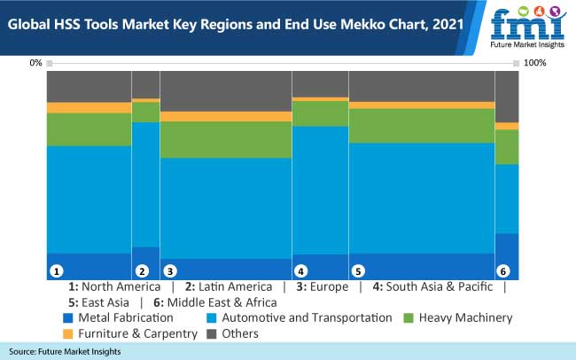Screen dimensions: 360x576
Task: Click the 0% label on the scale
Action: click(35, 63)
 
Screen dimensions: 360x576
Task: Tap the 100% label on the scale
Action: click(536, 63)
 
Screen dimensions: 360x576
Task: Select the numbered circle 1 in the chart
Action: click(56, 270)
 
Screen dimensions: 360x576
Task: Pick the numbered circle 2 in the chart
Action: click(141, 270)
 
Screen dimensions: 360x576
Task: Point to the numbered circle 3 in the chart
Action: click(170, 270)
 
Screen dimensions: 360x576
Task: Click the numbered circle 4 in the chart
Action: click(301, 270)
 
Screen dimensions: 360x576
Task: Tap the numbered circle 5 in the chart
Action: click(358, 270)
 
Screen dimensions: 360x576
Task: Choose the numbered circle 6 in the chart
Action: click(503, 270)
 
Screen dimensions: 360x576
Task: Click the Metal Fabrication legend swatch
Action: click(68, 317)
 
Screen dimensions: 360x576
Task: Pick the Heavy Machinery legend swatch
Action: click(409, 317)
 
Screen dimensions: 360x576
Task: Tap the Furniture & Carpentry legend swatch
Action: click(68, 334)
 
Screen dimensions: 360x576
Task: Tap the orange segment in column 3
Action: click(226, 116)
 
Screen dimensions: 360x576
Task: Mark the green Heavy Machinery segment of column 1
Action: click(89, 129)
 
